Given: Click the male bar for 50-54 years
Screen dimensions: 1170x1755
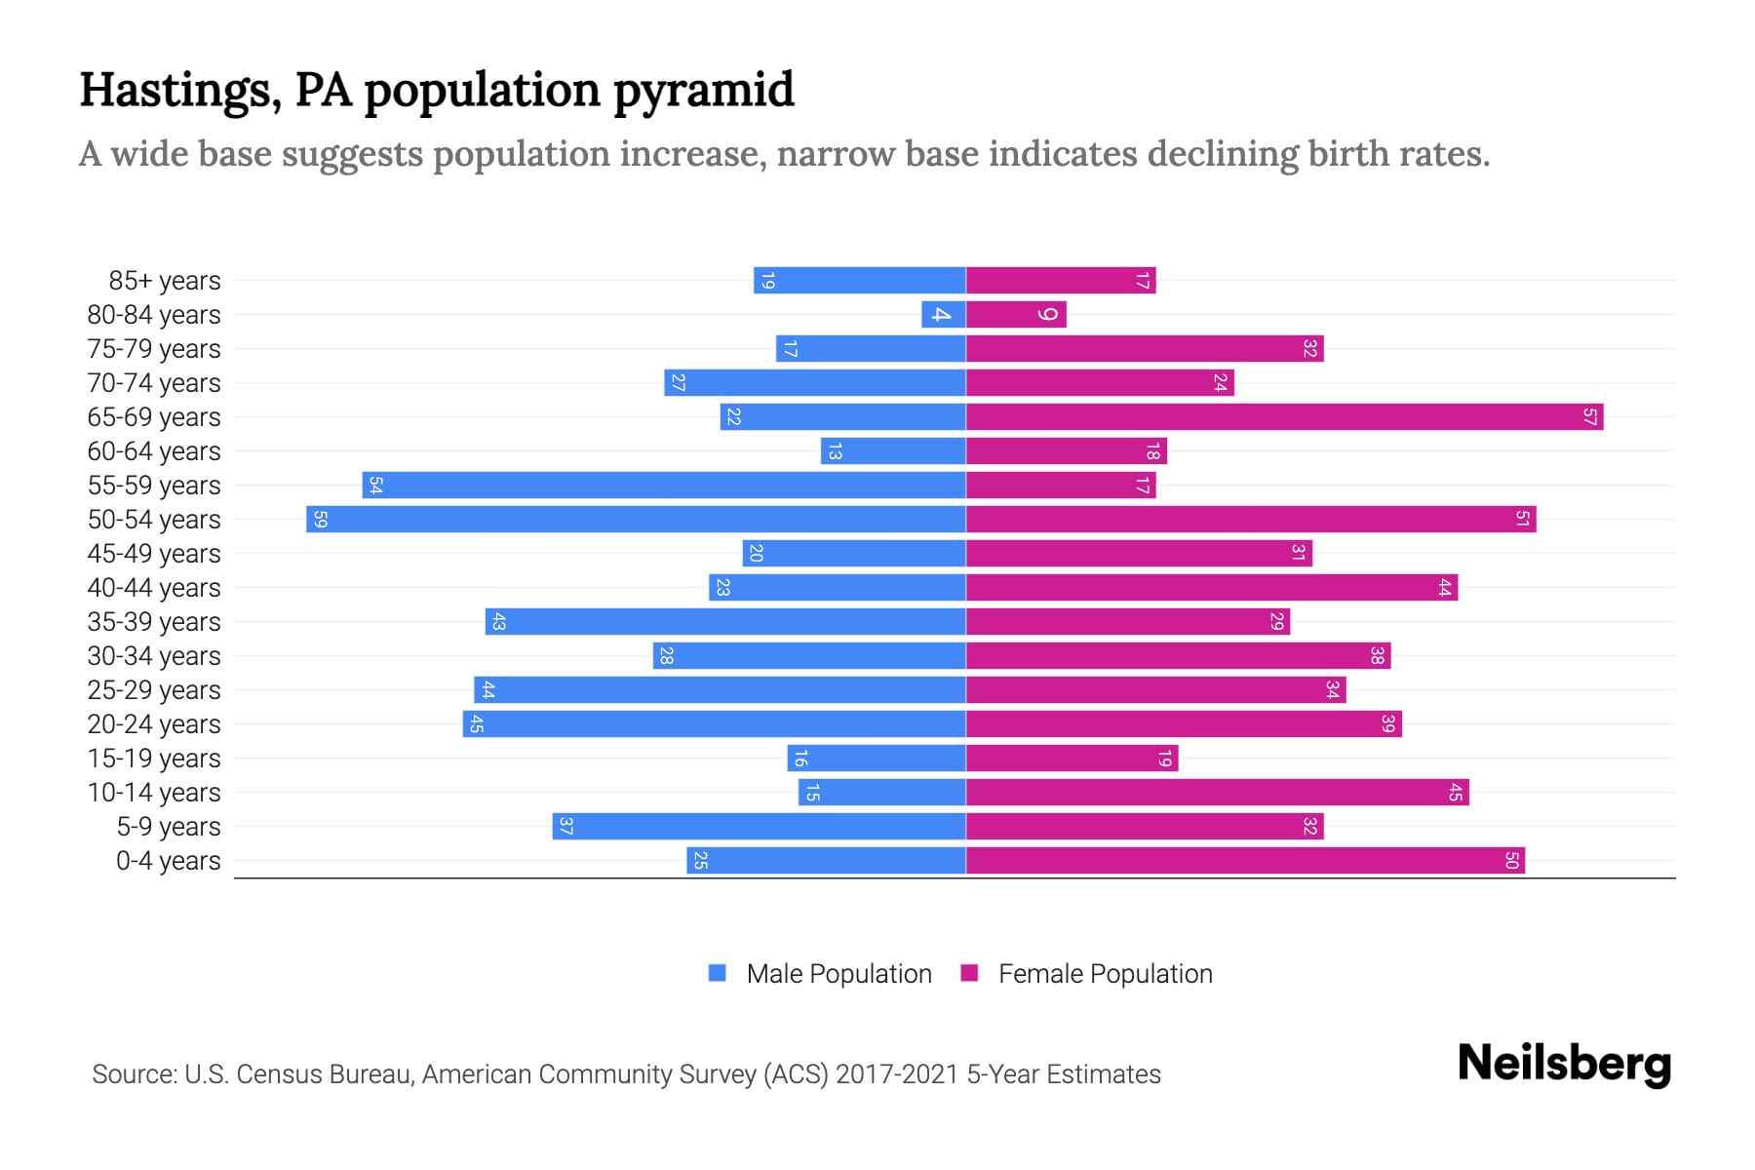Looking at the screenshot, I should (x=636, y=519).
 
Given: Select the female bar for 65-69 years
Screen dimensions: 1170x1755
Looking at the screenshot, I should (x=1284, y=416).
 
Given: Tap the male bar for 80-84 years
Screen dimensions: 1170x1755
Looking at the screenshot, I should (x=943, y=314).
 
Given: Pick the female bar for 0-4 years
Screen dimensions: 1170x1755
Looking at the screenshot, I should (x=1245, y=860).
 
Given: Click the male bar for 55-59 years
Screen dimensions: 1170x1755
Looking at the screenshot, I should (x=664, y=485).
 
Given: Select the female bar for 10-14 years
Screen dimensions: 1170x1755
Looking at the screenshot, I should (x=1217, y=792).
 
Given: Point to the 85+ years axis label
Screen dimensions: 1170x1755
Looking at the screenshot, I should (x=165, y=281).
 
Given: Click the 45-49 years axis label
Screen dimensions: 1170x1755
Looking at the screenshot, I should (x=154, y=554).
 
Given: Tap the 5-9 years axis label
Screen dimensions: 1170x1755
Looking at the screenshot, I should (x=168, y=827).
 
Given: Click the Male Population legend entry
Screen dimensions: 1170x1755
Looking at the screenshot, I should (x=838, y=973).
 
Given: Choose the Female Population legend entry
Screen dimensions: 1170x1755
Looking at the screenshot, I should (x=1105, y=973).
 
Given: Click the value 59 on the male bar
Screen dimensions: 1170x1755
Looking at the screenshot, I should (x=320, y=519).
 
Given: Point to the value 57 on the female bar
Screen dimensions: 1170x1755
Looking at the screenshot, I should (x=1589, y=416).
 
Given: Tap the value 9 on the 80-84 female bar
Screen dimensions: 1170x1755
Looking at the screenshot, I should (x=1048, y=314).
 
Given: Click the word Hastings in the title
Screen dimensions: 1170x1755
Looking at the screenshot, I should (x=179, y=90).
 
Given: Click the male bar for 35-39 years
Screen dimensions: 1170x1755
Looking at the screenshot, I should (x=725, y=621).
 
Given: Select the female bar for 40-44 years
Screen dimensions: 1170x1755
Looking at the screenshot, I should (x=1211, y=587).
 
